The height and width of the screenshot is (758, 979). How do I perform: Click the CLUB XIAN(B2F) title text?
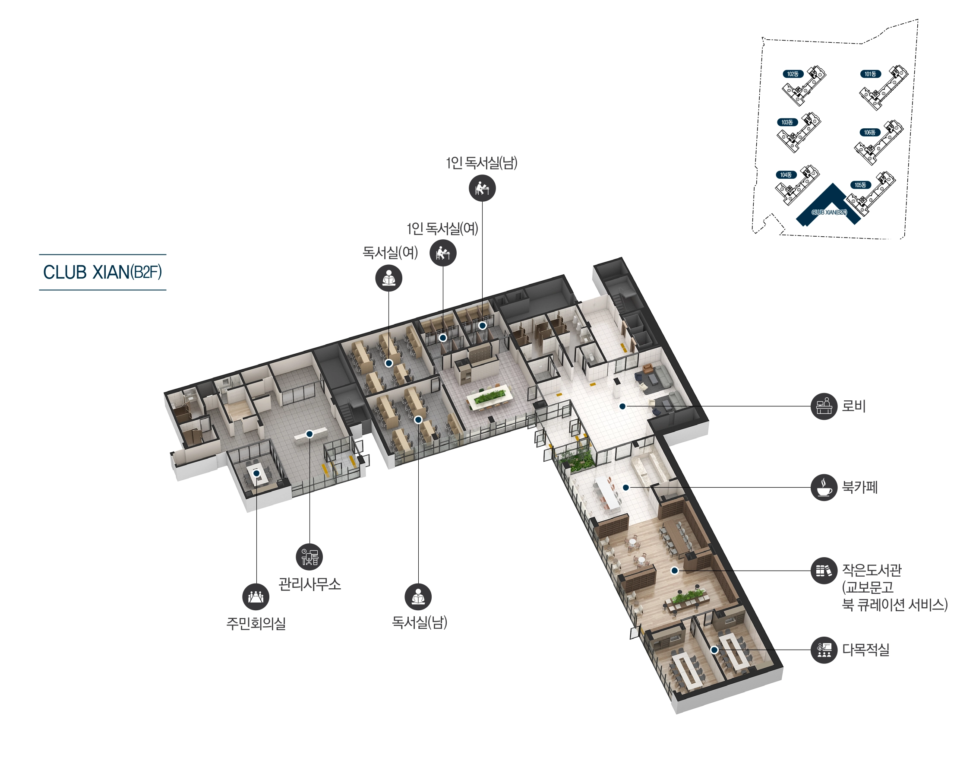coord(102,272)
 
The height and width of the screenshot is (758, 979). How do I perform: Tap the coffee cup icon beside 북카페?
coord(824,487)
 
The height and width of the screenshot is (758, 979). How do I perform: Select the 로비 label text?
coord(853,406)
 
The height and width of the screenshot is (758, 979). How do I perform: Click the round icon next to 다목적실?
coord(824,650)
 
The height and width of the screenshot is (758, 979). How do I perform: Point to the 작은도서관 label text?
coord(872,570)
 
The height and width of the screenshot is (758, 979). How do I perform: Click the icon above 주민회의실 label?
coord(256,597)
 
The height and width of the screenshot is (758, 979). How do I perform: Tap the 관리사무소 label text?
coord(310,584)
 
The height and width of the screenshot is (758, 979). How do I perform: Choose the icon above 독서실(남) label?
coord(418,597)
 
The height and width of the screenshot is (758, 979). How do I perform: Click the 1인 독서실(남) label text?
coord(481,163)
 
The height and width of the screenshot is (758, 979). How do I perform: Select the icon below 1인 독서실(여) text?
coord(443,253)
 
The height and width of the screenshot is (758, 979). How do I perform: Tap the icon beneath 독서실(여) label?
coord(388,279)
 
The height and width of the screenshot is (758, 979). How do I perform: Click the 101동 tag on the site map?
coord(870,74)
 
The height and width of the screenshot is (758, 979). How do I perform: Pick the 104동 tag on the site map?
coord(786,175)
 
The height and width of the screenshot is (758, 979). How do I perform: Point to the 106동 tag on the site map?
coord(870,132)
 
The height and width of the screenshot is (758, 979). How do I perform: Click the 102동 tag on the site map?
coord(793,74)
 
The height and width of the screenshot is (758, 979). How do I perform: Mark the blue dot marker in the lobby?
coord(622,406)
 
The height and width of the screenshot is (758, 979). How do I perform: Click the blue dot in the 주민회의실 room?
coord(256,473)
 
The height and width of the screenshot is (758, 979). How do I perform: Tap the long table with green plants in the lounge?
coord(489,396)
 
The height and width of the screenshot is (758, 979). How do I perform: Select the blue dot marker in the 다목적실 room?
coord(714,650)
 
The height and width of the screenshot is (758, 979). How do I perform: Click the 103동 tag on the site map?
coord(787,122)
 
